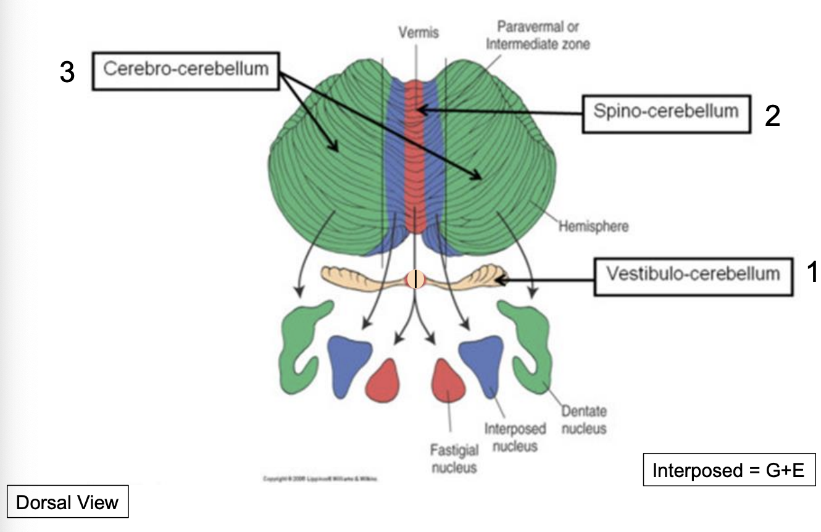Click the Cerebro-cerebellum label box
[186, 69]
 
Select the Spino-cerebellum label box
[666, 112]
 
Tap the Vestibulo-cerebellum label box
[693, 275]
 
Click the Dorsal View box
[67, 502]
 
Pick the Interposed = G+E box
[729, 471]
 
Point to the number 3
[67, 72]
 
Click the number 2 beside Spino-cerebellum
[772, 116]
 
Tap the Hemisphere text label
[593, 227]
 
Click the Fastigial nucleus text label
[454, 460]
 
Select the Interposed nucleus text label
[515, 436]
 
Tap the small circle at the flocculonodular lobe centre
[416, 280]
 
